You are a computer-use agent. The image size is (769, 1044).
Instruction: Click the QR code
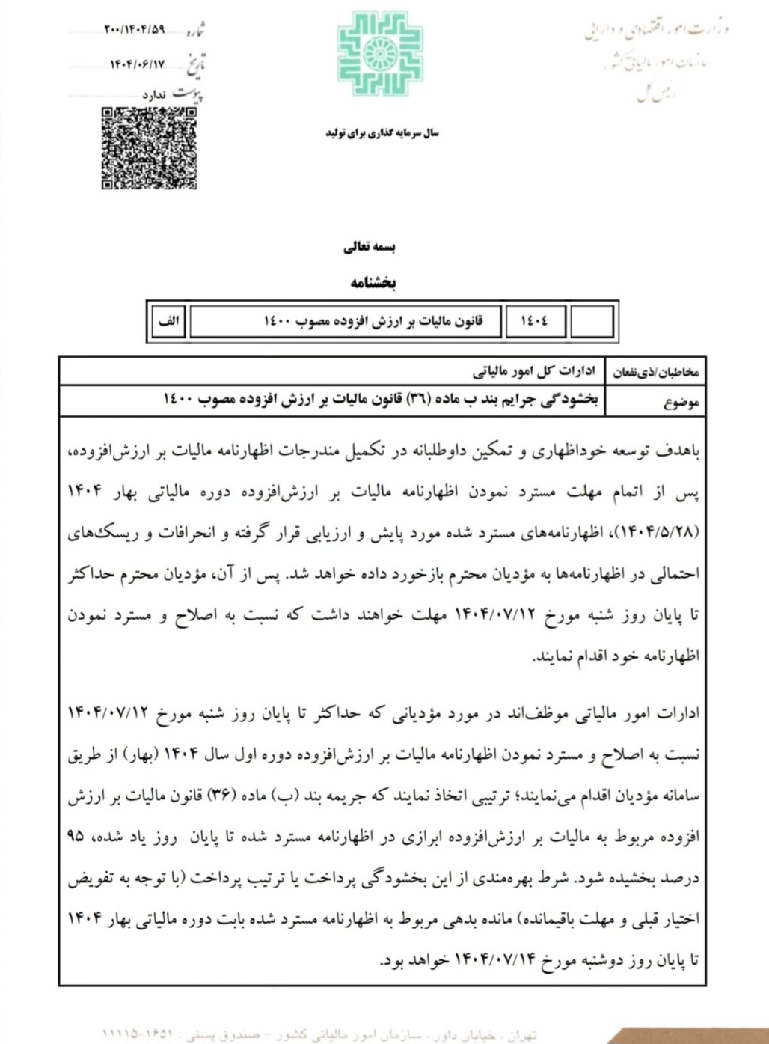(149, 147)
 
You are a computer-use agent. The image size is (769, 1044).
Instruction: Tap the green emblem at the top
(380, 54)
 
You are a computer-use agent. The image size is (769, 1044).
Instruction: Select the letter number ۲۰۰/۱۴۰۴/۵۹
(134, 30)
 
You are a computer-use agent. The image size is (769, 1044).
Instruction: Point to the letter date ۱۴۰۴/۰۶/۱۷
(137, 64)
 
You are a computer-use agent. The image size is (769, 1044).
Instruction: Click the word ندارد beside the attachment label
(154, 95)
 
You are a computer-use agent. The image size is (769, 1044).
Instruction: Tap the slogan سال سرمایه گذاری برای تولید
(382, 133)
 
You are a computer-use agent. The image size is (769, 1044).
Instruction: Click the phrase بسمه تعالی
(369, 247)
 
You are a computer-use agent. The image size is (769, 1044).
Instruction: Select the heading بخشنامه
(373, 282)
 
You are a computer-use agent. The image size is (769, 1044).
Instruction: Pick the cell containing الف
(169, 321)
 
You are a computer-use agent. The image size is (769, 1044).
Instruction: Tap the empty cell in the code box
(591, 321)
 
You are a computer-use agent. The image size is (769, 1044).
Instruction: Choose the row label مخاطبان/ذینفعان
(655, 372)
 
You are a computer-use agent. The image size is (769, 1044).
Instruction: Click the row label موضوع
(680, 402)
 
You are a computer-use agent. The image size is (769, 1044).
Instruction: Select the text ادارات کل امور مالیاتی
(534, 371)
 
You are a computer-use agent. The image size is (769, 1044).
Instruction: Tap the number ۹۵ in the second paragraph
(76, 837)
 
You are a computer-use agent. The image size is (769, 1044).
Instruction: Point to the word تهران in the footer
(521, 1035)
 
